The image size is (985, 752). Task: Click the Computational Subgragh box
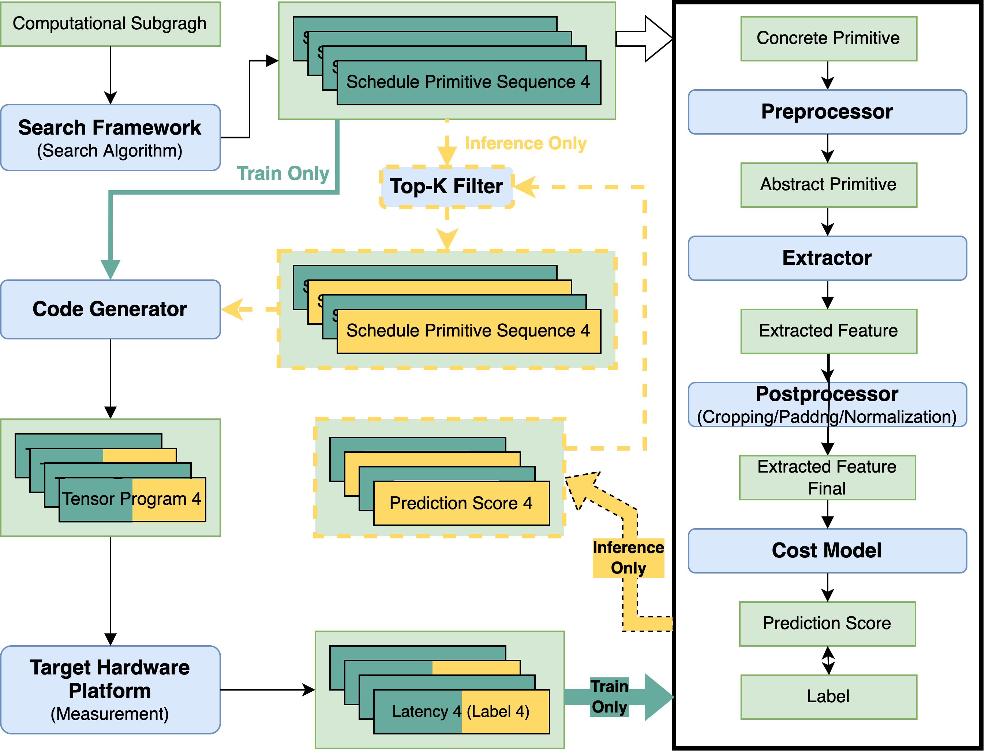[110, 24]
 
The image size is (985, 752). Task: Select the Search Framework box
[110, 138]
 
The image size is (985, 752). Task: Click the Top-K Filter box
[446, 187]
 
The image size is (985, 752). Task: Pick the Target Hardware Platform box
[110, 689]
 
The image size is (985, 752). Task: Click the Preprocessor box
[827, 112]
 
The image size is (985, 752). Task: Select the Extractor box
[827, 258]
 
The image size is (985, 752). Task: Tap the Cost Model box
[827, 550]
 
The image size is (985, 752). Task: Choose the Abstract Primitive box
[828, 185]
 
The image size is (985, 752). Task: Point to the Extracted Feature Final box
[827, 478]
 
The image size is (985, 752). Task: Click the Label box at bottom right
[828, 697]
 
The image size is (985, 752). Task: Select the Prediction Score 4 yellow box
[461, 503]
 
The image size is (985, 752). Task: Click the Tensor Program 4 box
[132, 499]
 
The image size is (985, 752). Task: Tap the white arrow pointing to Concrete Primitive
[645, 39]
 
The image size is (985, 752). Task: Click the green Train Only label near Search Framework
[283, 173]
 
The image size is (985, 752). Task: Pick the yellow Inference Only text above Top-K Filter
[526, 144]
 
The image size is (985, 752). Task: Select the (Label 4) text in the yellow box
[498, 711]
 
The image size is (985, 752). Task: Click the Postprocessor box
[827, 405]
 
